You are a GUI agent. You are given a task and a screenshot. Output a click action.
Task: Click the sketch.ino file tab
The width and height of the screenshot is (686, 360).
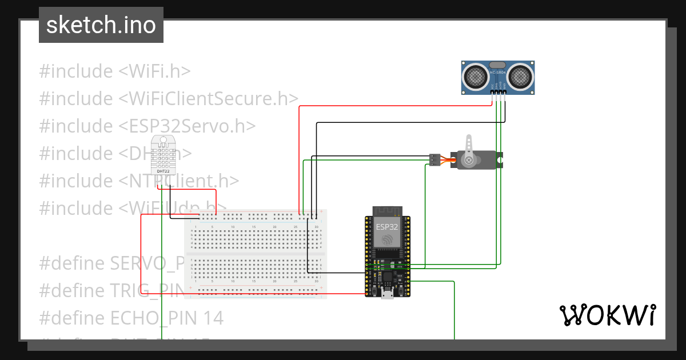point(101,25)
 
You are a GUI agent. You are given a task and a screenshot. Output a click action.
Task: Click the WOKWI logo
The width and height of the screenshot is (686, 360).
point(607,315)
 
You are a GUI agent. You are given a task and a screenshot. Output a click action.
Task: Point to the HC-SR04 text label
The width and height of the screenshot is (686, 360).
point(497,73)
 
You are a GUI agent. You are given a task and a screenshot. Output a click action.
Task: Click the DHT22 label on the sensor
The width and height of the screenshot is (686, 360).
point(162,171)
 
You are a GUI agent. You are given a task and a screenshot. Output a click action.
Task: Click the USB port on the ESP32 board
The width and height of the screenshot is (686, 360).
point(388,294)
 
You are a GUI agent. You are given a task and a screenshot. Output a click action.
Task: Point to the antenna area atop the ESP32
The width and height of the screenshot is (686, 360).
point(388,210)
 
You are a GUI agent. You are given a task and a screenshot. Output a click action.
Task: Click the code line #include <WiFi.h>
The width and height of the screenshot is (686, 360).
point(115,71)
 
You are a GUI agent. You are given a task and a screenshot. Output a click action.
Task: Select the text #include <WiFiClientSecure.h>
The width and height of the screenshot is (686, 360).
point(169,99)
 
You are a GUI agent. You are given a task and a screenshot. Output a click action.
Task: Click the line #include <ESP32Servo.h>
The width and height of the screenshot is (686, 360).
point(147,126)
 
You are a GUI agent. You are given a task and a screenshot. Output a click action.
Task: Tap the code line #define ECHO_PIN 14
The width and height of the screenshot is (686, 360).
point(131,318)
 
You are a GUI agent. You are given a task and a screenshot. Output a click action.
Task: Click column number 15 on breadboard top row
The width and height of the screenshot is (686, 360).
point(254,227)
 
